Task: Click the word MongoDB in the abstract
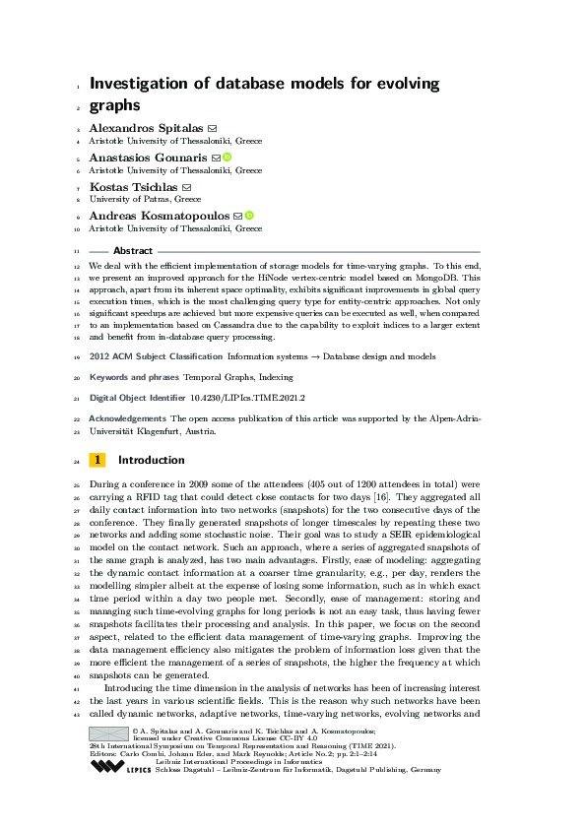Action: point(455,278)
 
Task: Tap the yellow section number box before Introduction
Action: point(98,460)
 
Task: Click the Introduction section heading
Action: point(151,460)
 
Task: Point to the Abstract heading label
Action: point(133,251)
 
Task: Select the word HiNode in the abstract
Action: point(294,278)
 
